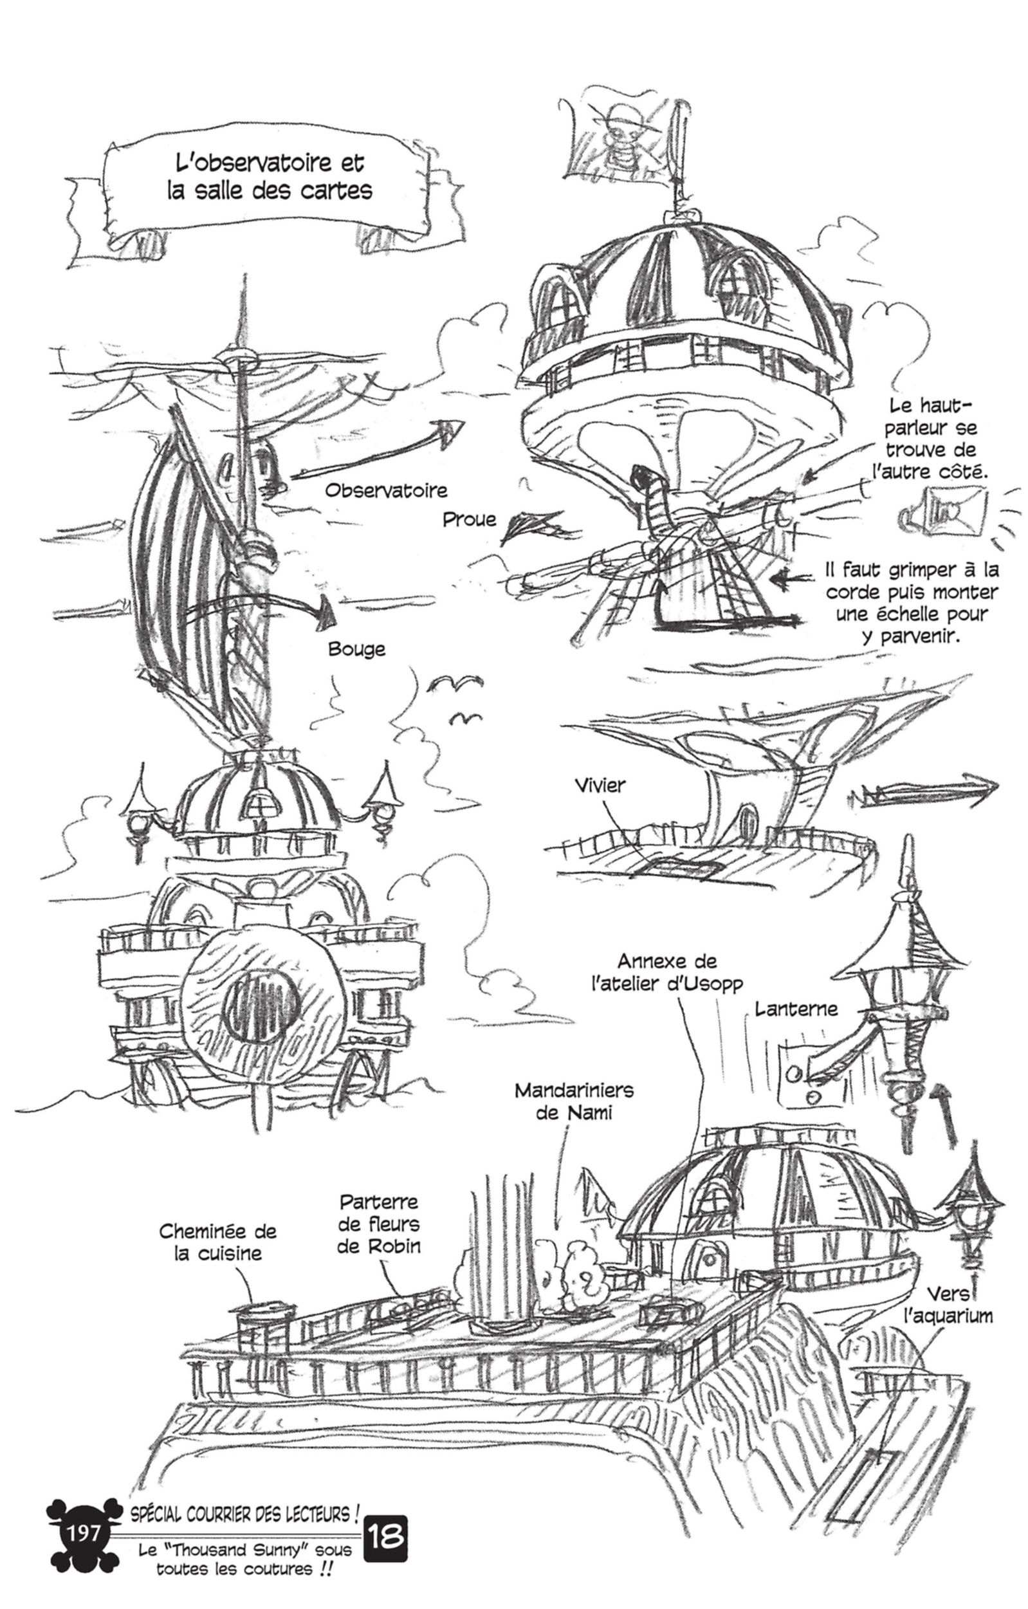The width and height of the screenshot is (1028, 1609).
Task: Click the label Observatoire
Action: click(x=385, y=490)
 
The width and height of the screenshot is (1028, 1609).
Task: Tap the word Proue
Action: click(x=470, y=519)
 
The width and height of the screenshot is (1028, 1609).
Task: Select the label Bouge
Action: click(x=356, y=649)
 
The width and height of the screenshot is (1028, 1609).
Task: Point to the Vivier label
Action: click(x=600, y=785)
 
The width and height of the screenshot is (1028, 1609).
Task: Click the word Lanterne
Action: click(x=796, y=1008)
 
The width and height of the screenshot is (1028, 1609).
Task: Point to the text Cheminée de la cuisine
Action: click(x=217, y=1242)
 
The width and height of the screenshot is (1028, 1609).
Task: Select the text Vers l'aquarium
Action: click(x=948, y=1305)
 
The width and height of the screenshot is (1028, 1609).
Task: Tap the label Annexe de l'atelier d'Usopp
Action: click(x=666, y=972)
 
